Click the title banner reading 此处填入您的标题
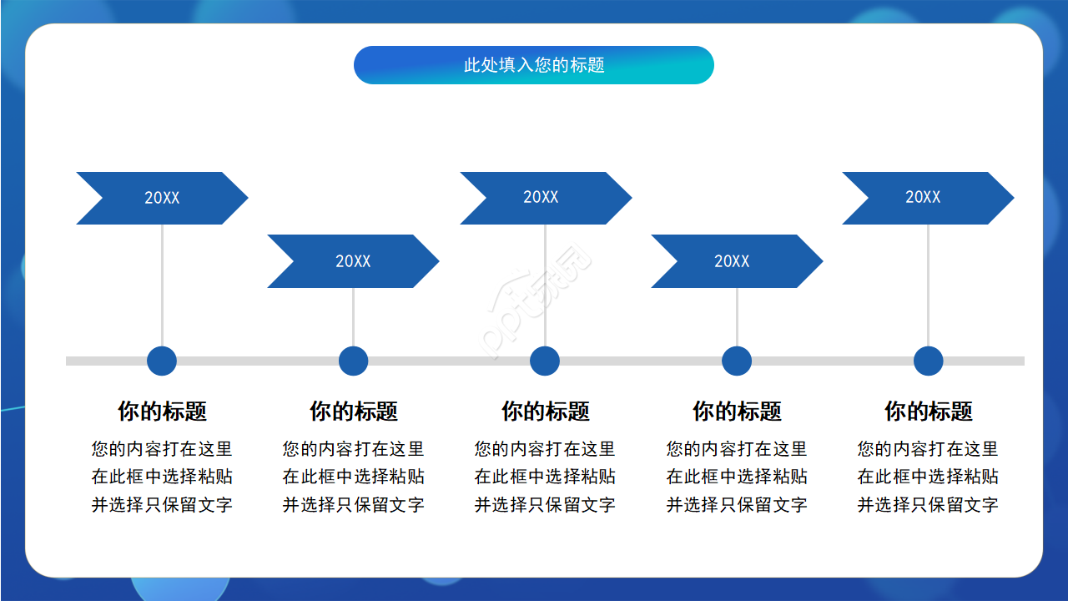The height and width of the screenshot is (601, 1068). pos(534,65)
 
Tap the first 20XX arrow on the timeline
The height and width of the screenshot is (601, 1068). pos(162,198)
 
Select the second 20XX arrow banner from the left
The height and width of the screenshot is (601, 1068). pos(353,261)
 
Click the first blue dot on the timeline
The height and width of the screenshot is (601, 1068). pos(162,361)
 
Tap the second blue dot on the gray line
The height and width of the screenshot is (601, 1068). pos(354,361)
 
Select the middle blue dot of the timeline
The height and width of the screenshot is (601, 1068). pos(545,361)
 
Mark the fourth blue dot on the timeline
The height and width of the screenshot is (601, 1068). pos(737,361)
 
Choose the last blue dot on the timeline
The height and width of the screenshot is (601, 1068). pos(928,361)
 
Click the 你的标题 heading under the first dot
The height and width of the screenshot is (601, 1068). pos(162,412)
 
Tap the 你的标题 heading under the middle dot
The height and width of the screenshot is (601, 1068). pos(545,412)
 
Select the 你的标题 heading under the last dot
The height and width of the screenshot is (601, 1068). pos(928,412)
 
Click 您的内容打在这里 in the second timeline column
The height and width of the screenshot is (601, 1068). pos(354,449)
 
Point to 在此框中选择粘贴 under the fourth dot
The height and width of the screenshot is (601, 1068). pos(737,477)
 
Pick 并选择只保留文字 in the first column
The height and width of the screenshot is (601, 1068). pos(162,504)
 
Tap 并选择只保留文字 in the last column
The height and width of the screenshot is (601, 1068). pos(928,504)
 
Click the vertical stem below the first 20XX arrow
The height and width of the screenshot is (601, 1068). pos(162,284)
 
